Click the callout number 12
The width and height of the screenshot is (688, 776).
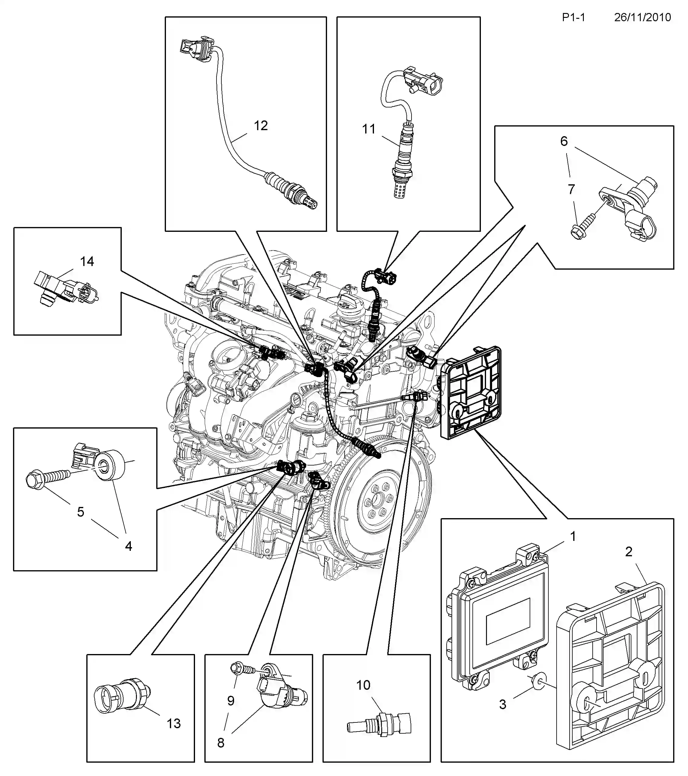coord(261,126)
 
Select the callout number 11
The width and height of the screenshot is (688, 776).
coord(369,129)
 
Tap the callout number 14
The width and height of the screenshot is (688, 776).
coord(87,261)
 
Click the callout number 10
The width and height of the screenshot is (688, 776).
coord(363,685)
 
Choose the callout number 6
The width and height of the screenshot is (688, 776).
coord(564,141)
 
